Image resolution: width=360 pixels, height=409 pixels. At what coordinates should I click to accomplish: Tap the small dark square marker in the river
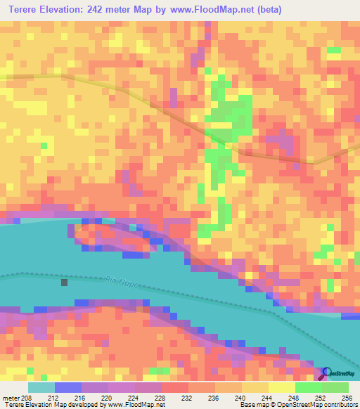click(65, 283)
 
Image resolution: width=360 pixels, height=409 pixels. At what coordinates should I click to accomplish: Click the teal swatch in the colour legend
click(41, 387)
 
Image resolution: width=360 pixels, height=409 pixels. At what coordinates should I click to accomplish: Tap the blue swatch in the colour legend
click(67, 387)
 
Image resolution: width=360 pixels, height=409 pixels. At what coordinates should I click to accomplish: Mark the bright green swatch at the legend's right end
click(335, 387)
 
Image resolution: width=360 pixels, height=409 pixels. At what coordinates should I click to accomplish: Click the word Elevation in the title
click(73, 11)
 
